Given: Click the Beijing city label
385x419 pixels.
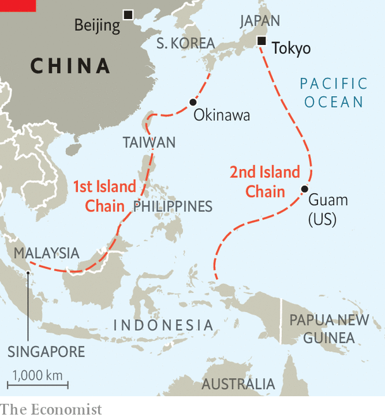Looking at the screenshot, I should point(97,25).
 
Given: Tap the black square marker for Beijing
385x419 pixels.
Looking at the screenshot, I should point(129,15).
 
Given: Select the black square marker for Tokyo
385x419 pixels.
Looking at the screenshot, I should point(261,42).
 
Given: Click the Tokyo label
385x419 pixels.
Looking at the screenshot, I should point(291,48).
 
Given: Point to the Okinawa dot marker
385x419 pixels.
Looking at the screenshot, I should point(192,102).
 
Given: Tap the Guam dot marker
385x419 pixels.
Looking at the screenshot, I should point(305,189).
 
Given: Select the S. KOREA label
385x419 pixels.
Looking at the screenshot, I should point(186,44).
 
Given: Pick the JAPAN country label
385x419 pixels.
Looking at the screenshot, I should point(260,21).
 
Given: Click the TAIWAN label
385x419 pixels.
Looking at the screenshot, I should point(149,142).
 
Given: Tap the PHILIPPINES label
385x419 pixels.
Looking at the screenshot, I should point(173,207).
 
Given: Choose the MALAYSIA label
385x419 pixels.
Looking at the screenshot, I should point(47,253).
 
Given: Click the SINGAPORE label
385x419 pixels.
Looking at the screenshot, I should point(46,352).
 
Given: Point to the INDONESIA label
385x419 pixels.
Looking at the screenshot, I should point(163,325).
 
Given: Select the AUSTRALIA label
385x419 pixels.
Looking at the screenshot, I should point(238,384).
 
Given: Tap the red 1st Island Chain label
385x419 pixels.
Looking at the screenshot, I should point(105,196).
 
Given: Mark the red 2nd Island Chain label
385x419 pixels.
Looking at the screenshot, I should point(265,182).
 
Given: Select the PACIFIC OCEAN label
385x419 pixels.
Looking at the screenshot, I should point(333,92).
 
